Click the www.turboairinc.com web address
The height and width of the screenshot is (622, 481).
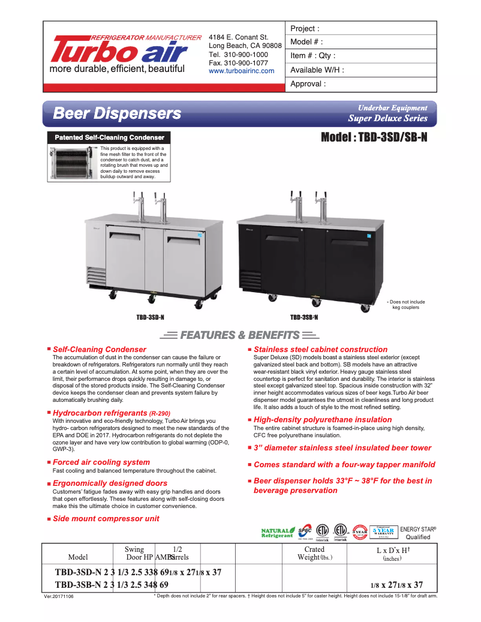241,71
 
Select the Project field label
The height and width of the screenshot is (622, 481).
305,29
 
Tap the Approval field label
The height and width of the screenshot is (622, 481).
308,84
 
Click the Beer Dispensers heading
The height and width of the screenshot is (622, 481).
117,113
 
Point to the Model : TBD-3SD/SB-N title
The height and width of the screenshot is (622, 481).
374,137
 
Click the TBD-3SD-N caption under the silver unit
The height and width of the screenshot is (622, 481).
150,317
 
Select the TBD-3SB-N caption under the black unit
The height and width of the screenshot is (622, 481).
303,317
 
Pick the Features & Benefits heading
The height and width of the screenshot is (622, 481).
240,335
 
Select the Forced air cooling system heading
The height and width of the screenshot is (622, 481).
101,462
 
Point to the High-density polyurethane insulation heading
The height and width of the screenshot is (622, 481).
323,420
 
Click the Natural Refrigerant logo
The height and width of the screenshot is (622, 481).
278,533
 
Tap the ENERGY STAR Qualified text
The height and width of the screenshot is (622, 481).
418,533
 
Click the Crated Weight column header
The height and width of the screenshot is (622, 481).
314,553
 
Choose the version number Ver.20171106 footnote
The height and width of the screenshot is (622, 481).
62,597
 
